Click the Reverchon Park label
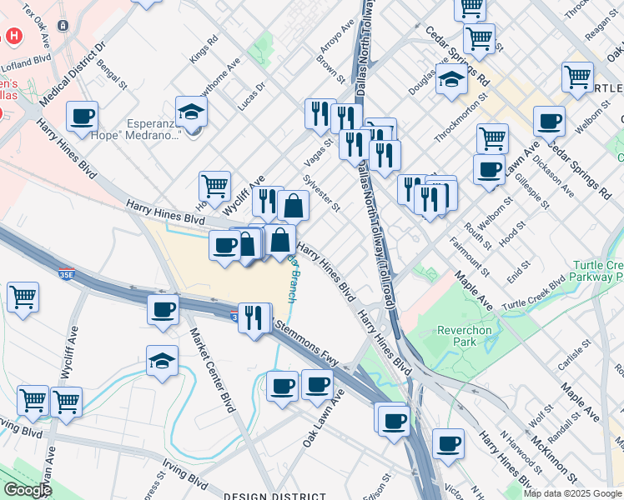[465, 336]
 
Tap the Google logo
[28, 490]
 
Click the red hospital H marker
[14, 37]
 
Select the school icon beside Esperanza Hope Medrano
[190, 112]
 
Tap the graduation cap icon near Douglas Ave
[450, 80]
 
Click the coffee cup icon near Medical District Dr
[82, 117]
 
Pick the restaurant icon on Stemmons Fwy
[254, 317]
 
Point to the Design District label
[265, 495]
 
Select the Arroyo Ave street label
[331, 38]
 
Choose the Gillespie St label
[533, 189]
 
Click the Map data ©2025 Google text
[572, 493]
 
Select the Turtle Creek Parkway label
[597, 270]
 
